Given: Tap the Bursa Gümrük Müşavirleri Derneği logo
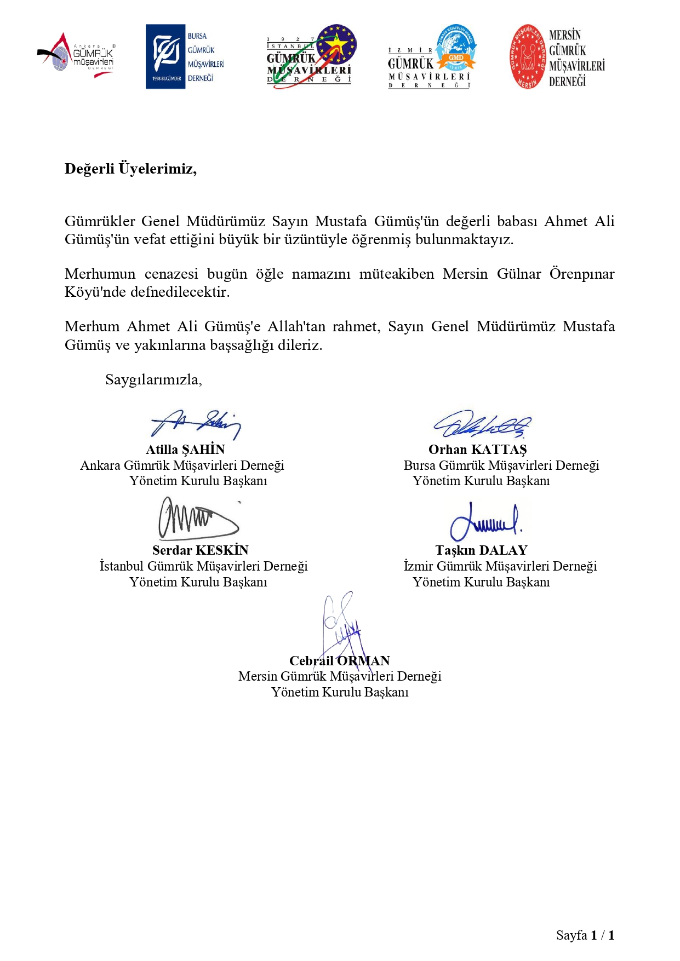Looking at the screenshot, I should [185, 57].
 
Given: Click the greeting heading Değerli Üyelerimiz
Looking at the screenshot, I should [130, 168].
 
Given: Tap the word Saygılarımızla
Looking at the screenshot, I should [153, 379].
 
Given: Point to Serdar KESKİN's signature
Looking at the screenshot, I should [198, 519].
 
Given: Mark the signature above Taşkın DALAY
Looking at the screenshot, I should [485, 522].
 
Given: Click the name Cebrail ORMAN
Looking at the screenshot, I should [340, 661].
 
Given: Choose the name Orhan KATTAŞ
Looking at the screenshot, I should [478, 450].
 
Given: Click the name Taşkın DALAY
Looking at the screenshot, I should [481, 550].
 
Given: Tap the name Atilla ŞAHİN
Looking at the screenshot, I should [185, 450].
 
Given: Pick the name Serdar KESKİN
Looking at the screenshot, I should [201, 550].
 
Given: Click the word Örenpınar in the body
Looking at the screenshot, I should [582, 274].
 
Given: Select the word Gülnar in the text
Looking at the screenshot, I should [519, 274].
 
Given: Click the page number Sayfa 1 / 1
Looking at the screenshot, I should [585, 935].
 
